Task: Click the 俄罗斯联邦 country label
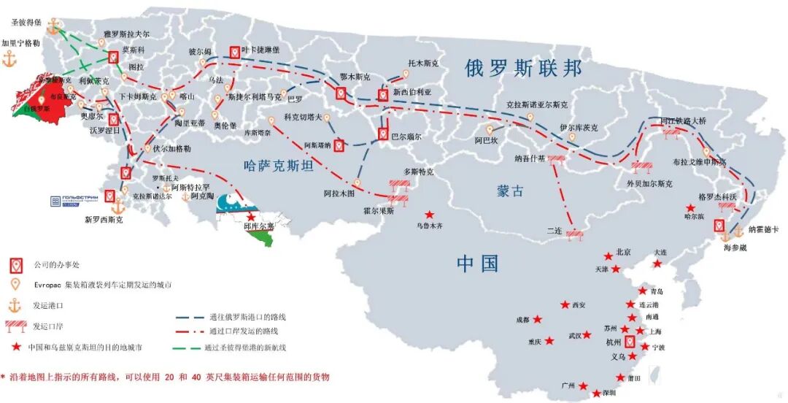coord(524,68)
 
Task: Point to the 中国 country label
coord(478,263)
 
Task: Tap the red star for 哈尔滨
coord(690,208)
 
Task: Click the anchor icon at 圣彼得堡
coord(53,27)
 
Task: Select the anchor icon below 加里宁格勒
coord(9,61)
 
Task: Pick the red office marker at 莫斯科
coord(114,57)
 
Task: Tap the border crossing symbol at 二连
coord(574,234)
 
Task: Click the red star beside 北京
coord(608,256)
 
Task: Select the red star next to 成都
coord(538,319)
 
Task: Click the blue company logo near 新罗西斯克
coord(72,201)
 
